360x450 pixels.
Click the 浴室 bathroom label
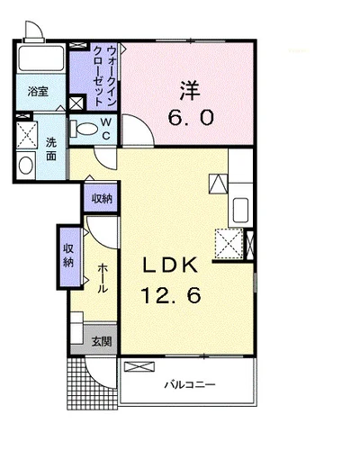(36, 91)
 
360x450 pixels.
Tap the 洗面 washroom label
(51, 149)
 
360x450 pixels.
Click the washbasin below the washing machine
(25, 166)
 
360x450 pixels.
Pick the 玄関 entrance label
(102, 341)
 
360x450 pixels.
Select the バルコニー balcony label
(189, 384)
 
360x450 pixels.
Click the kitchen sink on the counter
(241, 211)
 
